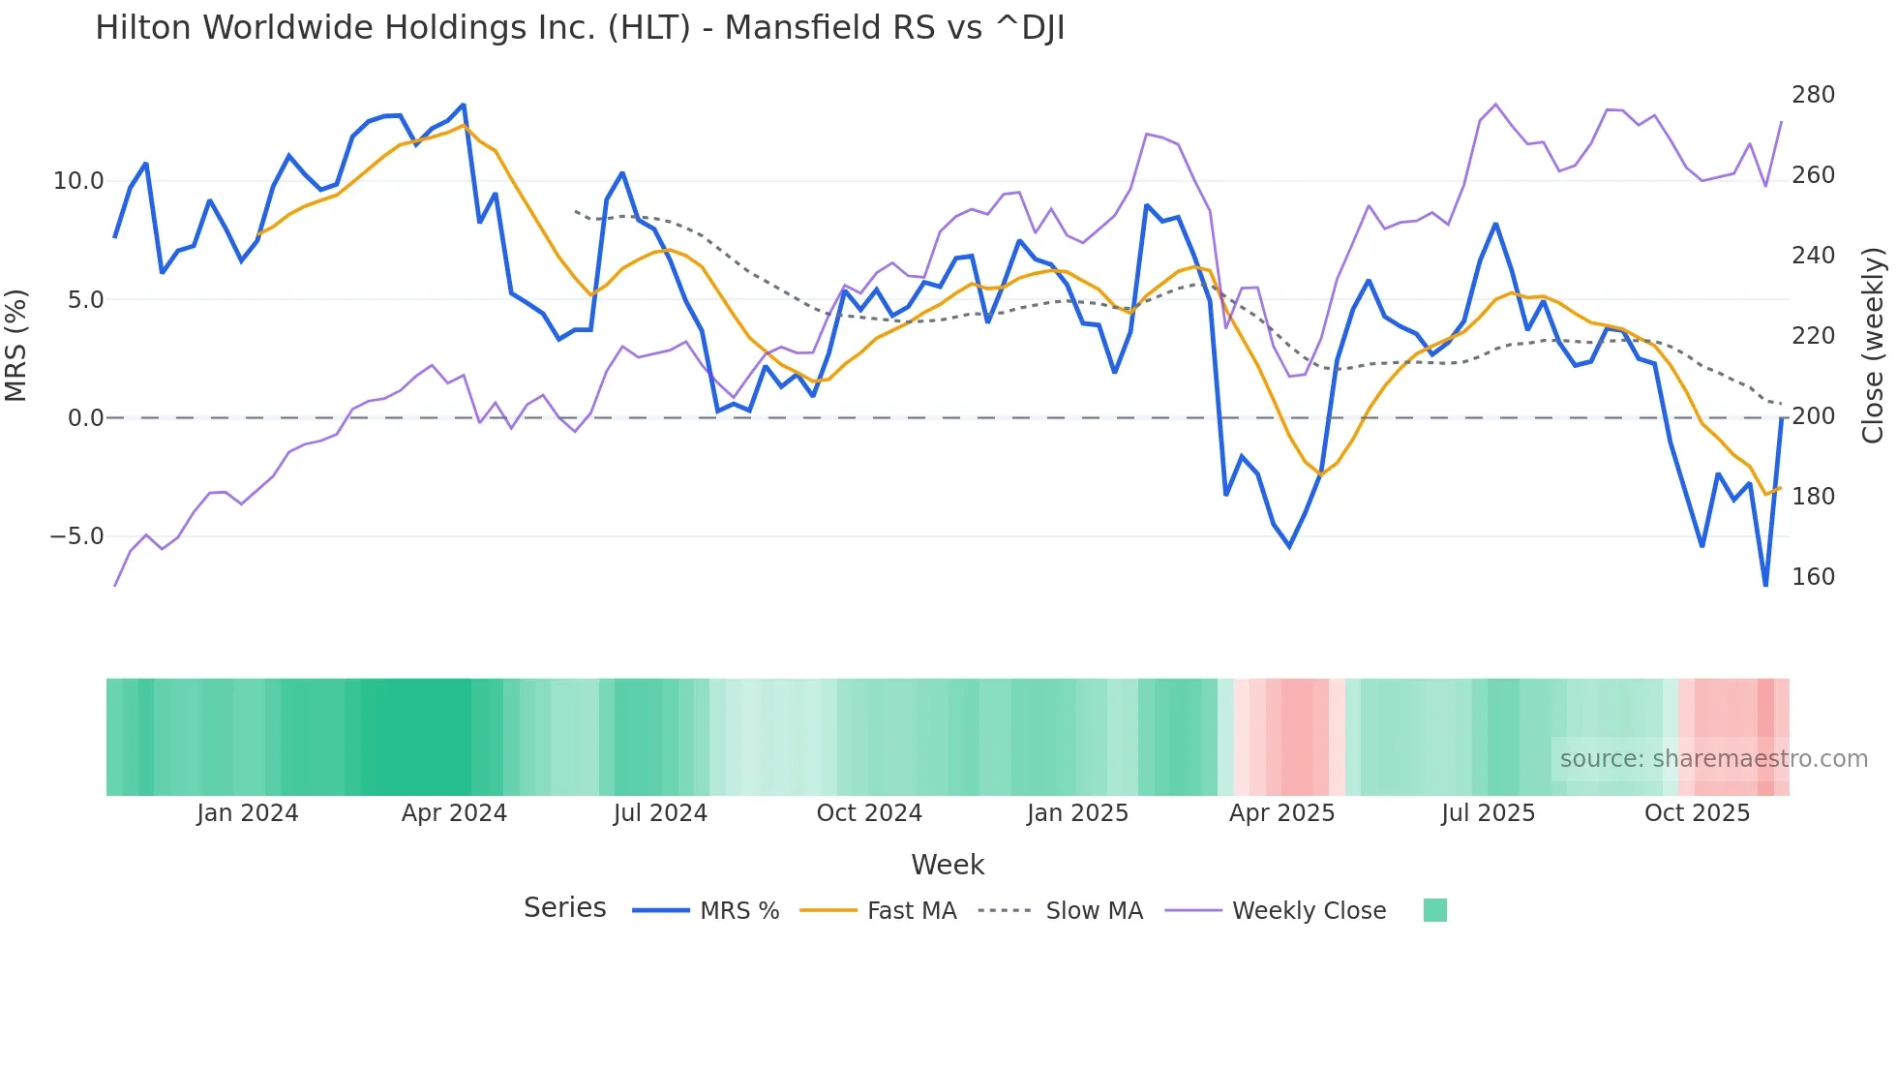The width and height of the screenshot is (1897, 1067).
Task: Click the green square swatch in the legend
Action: coord(1434,910)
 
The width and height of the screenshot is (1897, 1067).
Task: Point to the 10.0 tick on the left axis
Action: coord(78,181)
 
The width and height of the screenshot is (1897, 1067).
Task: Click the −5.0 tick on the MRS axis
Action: coord(76,536)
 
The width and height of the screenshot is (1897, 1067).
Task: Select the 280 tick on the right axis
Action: coord(1813,95)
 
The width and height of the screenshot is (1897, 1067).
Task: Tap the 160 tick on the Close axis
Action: coord(1813,577)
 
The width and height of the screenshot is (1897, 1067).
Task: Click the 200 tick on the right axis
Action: coord(1813,416)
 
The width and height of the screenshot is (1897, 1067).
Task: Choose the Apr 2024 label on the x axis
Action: coord(454,813)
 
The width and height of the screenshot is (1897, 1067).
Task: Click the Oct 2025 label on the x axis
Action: coord(1697,813)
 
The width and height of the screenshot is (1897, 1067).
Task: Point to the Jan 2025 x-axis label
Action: coord(1077,813)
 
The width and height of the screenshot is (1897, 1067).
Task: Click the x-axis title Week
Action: coord(948,865)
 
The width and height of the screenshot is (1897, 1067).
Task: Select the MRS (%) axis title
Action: coord(16,346)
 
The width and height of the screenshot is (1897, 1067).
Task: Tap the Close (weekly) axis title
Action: coord(1873,346)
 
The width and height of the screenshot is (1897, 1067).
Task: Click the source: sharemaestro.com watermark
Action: coord(1713,759)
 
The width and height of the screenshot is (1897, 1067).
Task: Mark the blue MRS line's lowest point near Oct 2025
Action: coord(1765,585)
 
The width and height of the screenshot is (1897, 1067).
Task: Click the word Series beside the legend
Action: coord(564,908)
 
